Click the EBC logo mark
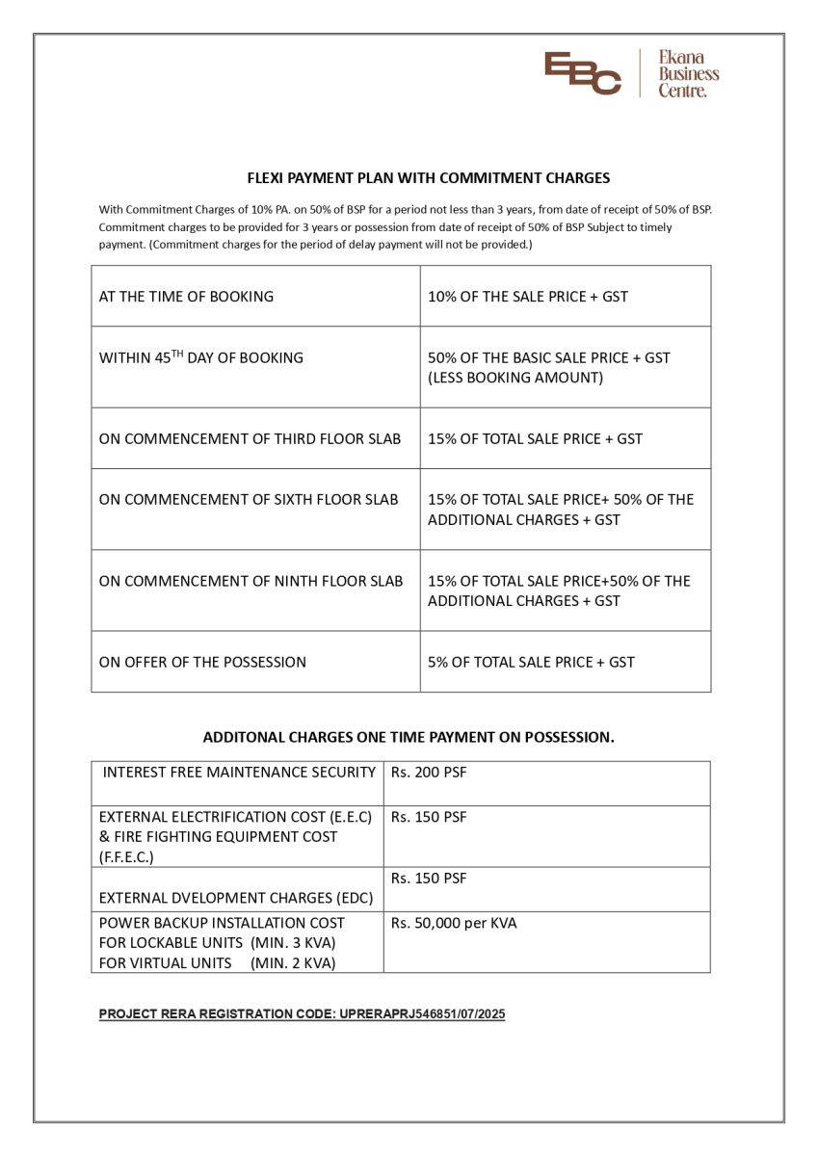[582, 73]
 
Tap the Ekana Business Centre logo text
[688, 74]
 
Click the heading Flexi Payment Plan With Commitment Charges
[429, 178]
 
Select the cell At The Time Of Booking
[186, 297]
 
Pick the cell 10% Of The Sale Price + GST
[527, 297]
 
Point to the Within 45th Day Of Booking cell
[200, 357]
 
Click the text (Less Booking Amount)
[515, 378]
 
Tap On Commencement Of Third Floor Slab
[250, 438]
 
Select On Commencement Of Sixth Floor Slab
[250, 499]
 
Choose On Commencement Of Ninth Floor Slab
[251, 581]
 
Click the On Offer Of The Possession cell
[202, 662]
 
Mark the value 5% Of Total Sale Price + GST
[531, 662]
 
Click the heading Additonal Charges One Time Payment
[409, 737]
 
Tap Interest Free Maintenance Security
[239, 773]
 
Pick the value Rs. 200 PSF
[429, 773]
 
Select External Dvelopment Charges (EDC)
[236, 898]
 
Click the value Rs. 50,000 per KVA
[453, 923]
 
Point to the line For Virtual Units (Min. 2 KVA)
[217, 962]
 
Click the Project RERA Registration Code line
[302, 1013]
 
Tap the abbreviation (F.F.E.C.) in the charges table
[126, 856]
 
